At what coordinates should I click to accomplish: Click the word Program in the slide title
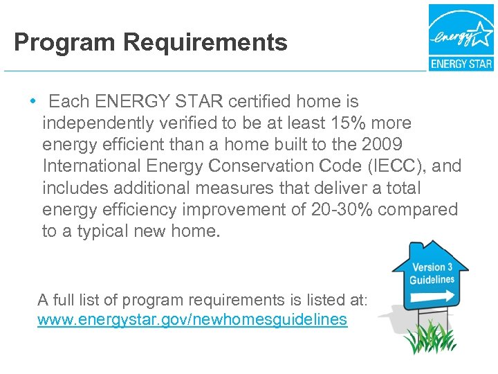coord(64,43)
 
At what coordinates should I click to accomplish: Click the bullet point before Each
coord(33,101)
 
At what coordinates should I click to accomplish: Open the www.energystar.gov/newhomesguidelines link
coord(192,320)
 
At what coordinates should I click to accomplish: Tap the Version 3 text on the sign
coord(432,267)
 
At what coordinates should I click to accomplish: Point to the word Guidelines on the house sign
coord(432,280)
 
